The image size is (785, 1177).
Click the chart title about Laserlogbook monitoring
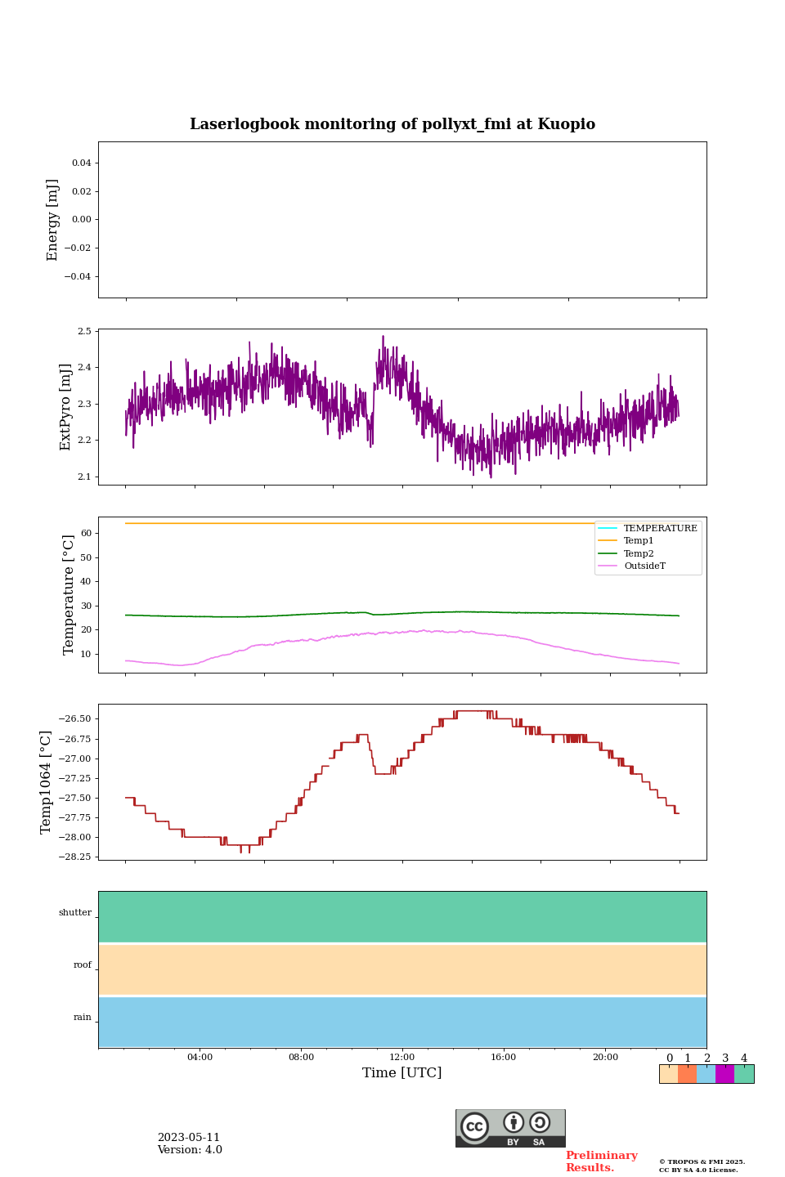pos(392,124)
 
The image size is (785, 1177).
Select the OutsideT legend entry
pos(644,566)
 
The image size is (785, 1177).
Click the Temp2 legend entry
pos(639,554)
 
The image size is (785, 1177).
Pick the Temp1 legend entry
pos(639,541)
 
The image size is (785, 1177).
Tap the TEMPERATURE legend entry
pos(660,529)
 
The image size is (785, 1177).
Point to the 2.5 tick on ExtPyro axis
pos(84,331)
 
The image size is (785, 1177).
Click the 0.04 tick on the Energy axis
pos(81,163)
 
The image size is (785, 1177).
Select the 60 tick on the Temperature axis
pos(85,533)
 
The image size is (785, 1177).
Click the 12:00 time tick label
pos(402,1057)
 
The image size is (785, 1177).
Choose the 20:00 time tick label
pos(605,1057)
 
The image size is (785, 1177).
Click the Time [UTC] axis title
pos(402,1072)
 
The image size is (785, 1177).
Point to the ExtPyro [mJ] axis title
pos(65,407)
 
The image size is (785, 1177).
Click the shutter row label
pos(75,913)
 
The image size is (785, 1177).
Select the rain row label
pos(83,1018)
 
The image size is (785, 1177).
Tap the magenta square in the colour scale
pos(724,1074)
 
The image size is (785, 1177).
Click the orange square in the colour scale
pos(687,1074)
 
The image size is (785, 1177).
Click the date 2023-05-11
pos(189,1138)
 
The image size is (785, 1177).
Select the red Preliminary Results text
pos(601,1161)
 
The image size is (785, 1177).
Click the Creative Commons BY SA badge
pos(510,1128)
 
